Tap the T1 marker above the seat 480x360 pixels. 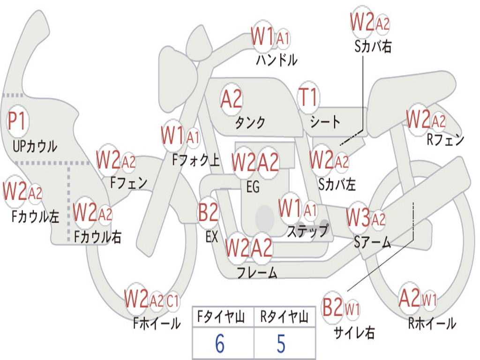pyautogui.click(x=308, y=97)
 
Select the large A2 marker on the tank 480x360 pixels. pyautogui.click(x=232, y=99)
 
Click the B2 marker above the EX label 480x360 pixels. pyautogui.click(x=208, y=213)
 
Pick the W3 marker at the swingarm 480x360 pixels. pyautogui.click(x=359, y=218)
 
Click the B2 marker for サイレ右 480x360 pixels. pyautogui.click(x=333, y=308)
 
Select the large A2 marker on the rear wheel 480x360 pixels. pyautogui.click(x=409, y=298)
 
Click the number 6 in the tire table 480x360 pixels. pyautogui.click(x=219, y=344)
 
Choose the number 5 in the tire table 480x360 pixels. pyautogui.click(x=281, y=344)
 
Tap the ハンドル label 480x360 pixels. pyautogui.click(x=277, y=60)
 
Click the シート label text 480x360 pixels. pyautogui.click(x=325, y=122)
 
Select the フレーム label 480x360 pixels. pyautogui.click(x=257, y=272)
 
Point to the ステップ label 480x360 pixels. pyautogui.click(x=307, y=231)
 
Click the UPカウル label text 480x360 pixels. pyautogui.click(x=35, y=146)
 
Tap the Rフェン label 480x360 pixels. pyautogui.click(x=445, y=140)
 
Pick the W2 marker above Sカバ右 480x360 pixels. pyautogui.click(x=362, y=22)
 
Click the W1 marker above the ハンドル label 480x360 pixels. pyautogui.click(x=262, y=37)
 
